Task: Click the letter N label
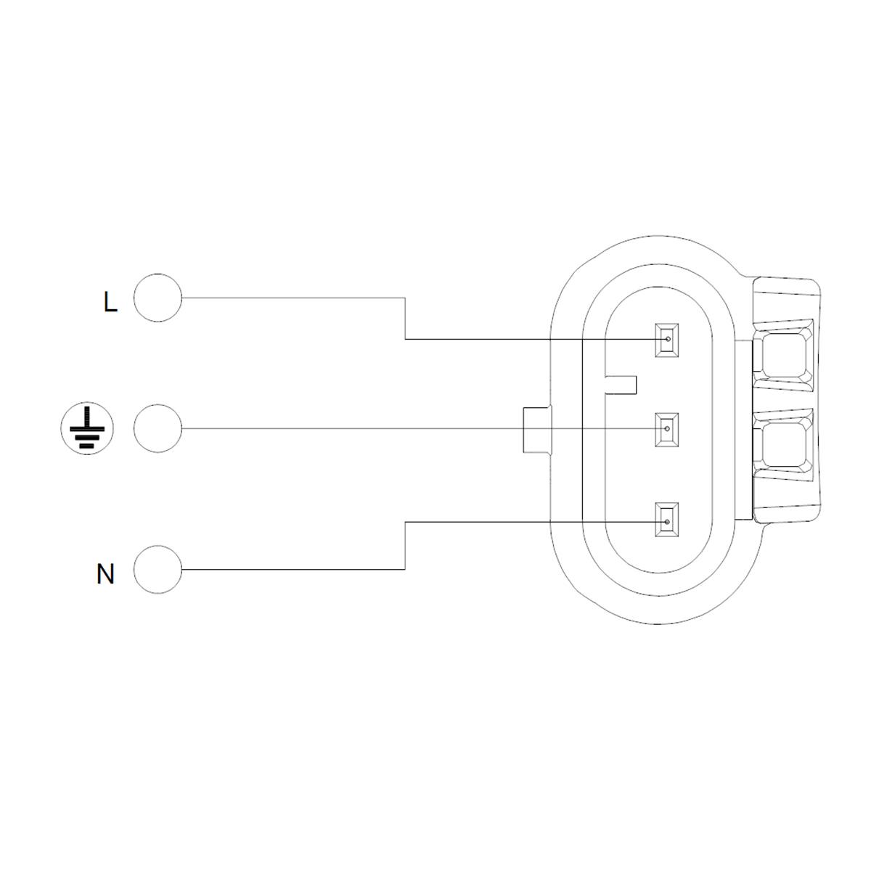pos(106,574)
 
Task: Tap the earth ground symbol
pos(86,429)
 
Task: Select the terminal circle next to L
pos(158,298)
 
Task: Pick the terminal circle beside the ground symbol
pos(158,429)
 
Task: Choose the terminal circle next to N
pos(158,570)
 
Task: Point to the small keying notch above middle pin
pos(621,385)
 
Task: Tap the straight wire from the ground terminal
pos(348,429)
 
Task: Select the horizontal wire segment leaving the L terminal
pos(290,298)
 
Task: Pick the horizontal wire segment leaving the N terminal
pos(290,570)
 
